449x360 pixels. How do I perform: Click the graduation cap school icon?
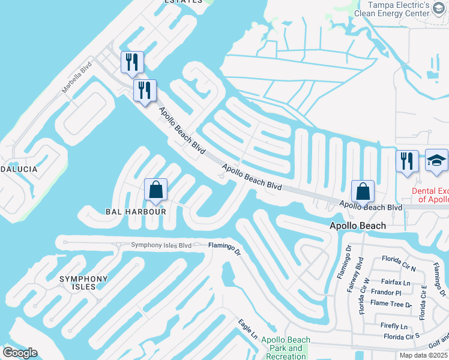pos(436,161)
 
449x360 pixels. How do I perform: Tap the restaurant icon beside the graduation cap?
pos(407,161)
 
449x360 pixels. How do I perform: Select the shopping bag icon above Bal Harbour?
pos(155,190)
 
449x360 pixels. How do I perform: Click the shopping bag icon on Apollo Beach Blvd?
pos(363,192)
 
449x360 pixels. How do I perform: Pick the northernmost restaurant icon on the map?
pos(130,62)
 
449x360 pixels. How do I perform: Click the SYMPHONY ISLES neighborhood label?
pos(83,283)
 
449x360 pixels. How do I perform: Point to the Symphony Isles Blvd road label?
pos(161,245)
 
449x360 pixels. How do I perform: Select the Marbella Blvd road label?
pos(77,76)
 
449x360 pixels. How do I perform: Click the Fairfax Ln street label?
pos(397,282)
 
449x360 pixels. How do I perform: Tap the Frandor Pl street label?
pos(385,293)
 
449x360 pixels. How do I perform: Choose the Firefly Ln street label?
pos(394,326)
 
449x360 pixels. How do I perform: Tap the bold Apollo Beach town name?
pos(357,226)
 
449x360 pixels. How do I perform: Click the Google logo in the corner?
pos(20,353)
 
